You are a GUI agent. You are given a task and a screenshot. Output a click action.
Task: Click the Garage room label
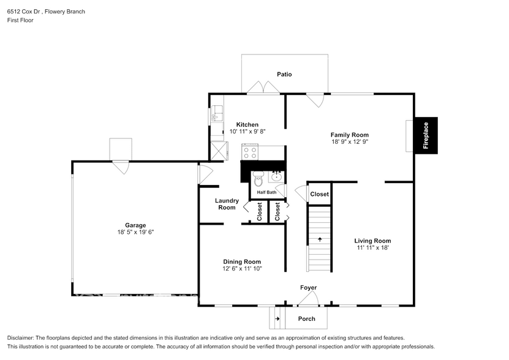click(x=135, y=225)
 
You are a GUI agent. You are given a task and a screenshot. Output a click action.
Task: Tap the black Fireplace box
click(x=426, y=135)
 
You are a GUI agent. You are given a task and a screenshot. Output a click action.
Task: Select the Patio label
click(x=284, y=74)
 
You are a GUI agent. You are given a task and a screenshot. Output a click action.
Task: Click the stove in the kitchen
click(x=251, y=152)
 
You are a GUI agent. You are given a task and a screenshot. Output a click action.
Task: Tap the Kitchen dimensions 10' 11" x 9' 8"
click(x=247, y=132)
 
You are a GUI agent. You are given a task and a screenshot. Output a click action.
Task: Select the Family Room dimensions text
click(x=349, y=141)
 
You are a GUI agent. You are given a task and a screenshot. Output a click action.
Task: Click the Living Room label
click(x=372, y=241)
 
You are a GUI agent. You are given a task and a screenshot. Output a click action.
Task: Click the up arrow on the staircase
click(x=319, y=239)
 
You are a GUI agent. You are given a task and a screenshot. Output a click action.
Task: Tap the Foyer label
click(x=308, y=288)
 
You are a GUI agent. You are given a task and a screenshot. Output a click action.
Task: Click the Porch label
click(x=306, y=319)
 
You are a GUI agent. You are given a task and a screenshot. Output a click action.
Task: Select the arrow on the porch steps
click(x=277, y=319)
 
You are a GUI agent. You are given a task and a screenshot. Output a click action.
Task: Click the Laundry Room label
click(x=227, y=204)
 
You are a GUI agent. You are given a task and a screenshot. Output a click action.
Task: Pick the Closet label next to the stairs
click(x=319, y=194)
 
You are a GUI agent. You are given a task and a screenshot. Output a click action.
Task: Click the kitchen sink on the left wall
click(x=216, y=114)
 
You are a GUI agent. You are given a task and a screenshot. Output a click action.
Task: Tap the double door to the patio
click(x=264, y=89)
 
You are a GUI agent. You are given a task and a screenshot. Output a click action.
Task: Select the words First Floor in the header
click(x=20, y=20)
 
